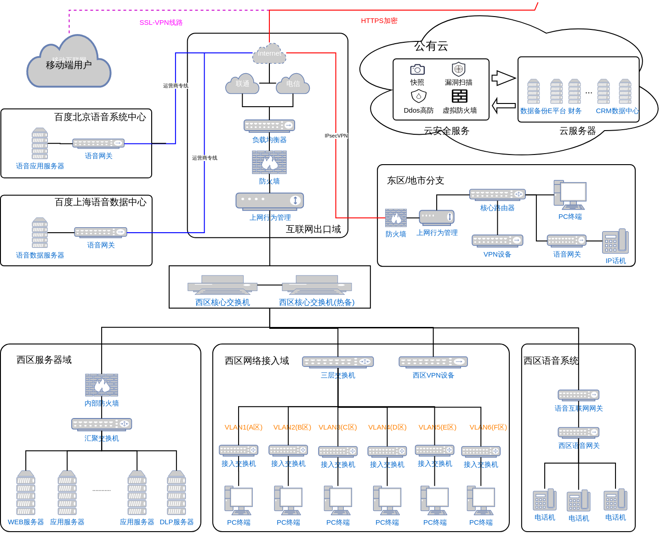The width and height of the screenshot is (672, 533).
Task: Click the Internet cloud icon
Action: (x=269, y=53)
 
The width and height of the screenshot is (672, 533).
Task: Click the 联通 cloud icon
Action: (x=242, y=84)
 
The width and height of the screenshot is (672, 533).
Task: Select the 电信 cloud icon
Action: (x=293, y=84)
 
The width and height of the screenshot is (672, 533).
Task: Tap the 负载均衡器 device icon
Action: (x=269, y=126)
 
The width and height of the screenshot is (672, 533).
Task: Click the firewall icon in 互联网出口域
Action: (x=269, y=162)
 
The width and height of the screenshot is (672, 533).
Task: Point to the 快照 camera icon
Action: (x=417, y=69)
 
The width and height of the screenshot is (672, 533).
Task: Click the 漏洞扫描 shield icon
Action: (x=458, y=69)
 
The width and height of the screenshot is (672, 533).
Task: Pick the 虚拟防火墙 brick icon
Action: (x=459, y=96)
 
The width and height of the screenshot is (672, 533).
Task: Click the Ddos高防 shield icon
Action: (x=418, y=96)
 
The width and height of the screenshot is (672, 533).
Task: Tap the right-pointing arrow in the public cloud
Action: (x=503, y=78)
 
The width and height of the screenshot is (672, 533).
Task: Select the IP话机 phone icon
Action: (x=615, y=241)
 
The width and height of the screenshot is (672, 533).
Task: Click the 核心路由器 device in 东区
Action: (x=497, y=195)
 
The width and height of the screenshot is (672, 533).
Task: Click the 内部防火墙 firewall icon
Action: (x=102, y=385)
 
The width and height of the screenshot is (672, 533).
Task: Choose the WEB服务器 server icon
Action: (x=26, y=493)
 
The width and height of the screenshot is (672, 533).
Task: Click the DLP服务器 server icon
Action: (x=177, y=493)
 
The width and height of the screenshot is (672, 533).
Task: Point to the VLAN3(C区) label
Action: (x=338, y=427)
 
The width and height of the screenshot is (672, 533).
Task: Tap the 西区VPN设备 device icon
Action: (x=433, y=362)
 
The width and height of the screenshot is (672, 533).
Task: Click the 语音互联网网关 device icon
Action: (x=578, y=395)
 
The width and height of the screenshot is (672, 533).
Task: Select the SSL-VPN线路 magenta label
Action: (x=161, y=23)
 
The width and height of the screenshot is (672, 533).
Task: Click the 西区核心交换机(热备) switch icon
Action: (x=317, y=285)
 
